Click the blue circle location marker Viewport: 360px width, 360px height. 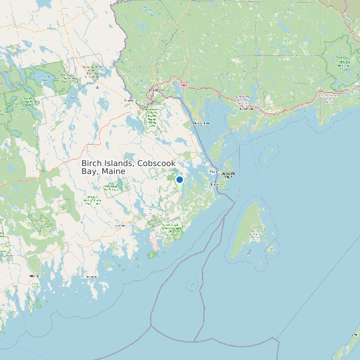tap(179, 179)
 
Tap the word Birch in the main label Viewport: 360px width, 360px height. tap(92, 163)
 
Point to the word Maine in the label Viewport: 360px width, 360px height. tap(114, 171)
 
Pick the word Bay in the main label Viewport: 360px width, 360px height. tap(90, 171)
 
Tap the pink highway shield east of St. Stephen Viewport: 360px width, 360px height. tap(184, 84)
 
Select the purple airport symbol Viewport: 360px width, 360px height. tap(98, 86)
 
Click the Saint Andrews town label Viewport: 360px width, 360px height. tap(201, 123)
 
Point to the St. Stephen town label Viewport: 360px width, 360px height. tap(155, 90)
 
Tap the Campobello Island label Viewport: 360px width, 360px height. tap(228, 175)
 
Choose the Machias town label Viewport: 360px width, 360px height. tap(120, 226)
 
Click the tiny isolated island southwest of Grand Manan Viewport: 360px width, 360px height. tap(192, 285)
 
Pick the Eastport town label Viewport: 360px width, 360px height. tap(214, 183)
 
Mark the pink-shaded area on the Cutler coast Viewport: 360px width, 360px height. tap(155, 245)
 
